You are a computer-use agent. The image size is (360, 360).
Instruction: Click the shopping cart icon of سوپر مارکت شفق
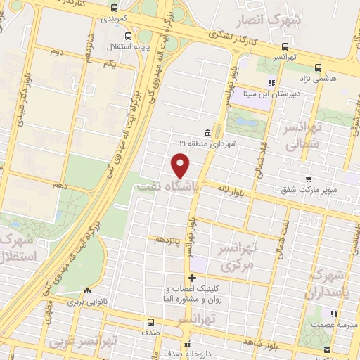pyautogui.click(x=308, y=180)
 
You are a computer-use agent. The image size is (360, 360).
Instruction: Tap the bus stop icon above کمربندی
pyautogui.click(x=115, y=8)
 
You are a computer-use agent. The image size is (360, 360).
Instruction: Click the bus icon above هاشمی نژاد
pyautogui.click(x=319, y=68)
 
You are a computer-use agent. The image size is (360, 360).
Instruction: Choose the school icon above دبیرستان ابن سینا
pyautogui.click(x=271, y=82)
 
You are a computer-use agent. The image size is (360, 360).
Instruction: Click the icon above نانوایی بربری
pyautogui.click(x=87, y=290)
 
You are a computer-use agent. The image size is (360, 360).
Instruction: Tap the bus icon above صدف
pyautogui.click(x=149, y=323)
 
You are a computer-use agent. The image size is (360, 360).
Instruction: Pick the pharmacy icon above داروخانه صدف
pyautogui.click(x=186, y=345)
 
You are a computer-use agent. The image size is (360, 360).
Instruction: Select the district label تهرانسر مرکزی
pyautogui.click(x=256, y=256)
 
